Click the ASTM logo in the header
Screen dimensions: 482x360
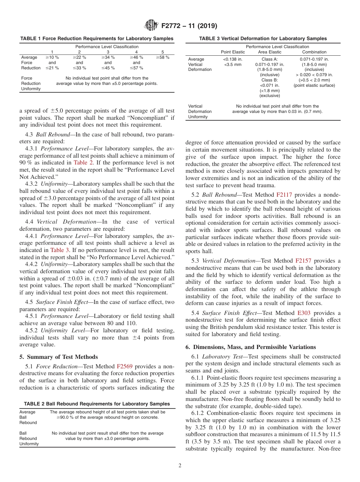[152, 26]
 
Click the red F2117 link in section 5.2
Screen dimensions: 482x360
[284, 194]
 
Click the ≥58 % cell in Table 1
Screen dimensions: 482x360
[163, 57]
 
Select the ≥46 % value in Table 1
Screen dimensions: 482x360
[136, 57]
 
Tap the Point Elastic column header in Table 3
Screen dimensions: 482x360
[233, 52]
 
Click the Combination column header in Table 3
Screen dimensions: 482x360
[314, 52]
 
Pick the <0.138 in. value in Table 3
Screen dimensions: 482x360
[233, 59]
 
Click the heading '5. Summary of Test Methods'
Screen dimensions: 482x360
[58, 357]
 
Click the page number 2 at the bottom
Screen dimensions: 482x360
[180, 466]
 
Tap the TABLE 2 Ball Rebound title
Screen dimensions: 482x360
[97, 404]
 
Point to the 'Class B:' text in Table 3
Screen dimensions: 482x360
[270, 80]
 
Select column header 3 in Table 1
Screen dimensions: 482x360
[108, 52]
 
